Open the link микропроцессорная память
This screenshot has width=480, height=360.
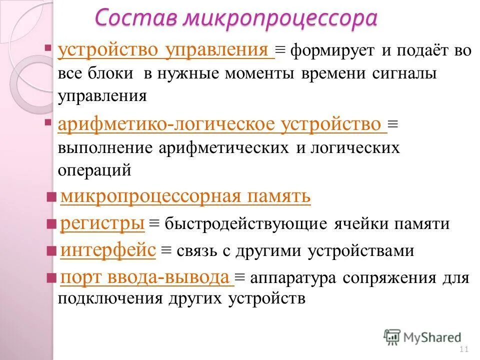coord(185,197)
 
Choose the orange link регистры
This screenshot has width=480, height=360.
coord(102,223)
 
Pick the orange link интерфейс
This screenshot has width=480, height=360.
coord(108,250)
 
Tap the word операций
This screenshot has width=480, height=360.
coord(95,170)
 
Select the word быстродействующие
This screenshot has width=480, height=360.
coord(246,224)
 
